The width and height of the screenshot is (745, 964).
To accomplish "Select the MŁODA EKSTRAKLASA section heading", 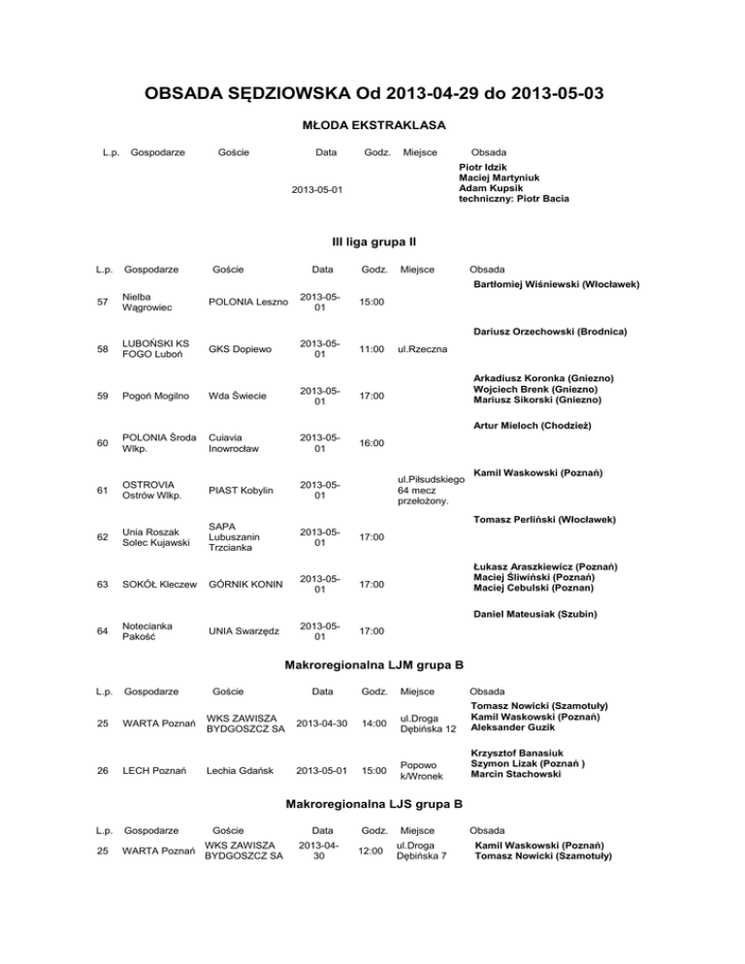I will tap(372, 125).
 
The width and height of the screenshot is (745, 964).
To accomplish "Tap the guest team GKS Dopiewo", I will tap(238, 349).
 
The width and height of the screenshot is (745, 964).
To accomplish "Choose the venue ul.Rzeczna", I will tap(422, 349).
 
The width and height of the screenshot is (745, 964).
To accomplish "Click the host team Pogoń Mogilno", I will tap(152, 396).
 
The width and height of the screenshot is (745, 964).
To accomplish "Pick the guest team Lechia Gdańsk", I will tap(241, 771).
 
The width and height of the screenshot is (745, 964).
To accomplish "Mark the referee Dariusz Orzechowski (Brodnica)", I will tap(548, 332).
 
